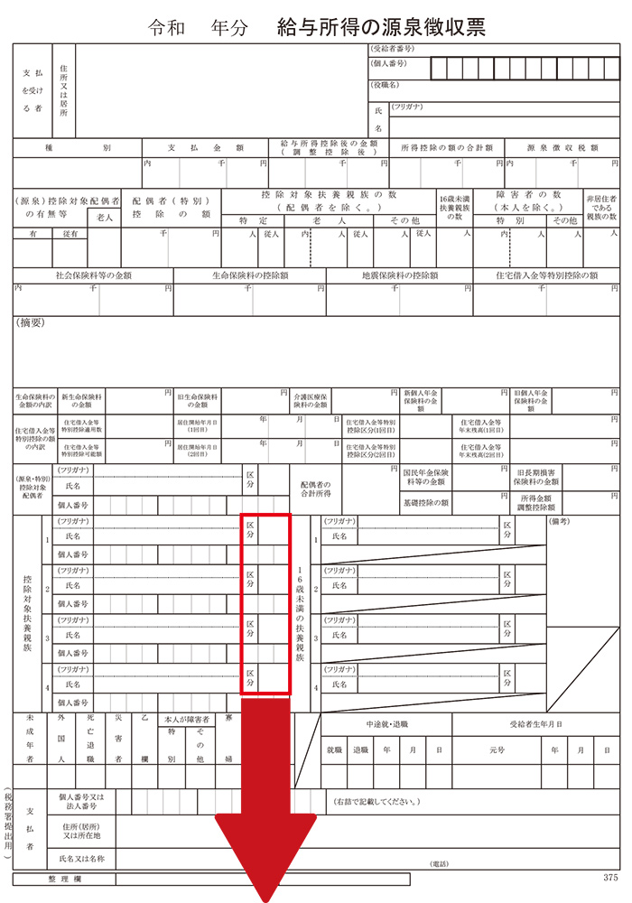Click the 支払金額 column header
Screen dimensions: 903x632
point(206,147)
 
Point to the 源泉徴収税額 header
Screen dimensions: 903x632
point(563,147)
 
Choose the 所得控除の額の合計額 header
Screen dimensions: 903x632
point(446,147)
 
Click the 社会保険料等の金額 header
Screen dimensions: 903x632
point(93,275)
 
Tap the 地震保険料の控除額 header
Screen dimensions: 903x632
point(399,275)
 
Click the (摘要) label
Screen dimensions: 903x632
point(32,322)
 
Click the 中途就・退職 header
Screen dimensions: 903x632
point(386,724)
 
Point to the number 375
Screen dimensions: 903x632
point(611,877)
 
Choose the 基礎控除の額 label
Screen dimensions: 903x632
point(426,502)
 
